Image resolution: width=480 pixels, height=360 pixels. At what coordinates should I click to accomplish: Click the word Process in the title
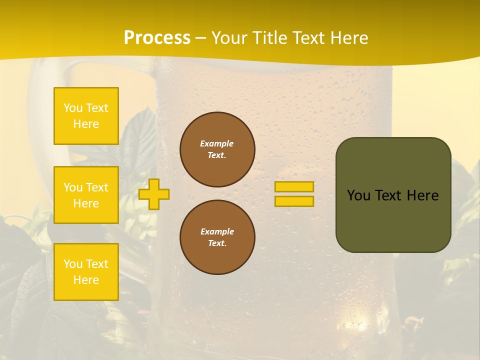pos(157,38)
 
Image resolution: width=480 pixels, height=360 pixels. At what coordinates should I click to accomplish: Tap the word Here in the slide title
pos(347,38)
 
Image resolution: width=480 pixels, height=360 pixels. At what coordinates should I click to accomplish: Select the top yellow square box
pos(86,116)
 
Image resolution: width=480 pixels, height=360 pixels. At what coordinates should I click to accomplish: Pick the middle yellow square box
pos(86,195)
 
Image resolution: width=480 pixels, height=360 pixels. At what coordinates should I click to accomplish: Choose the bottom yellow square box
pos(86,272)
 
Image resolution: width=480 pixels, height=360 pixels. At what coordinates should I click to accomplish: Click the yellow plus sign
pos(154,194)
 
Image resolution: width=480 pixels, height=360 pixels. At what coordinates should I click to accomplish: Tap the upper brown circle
pos(217,149)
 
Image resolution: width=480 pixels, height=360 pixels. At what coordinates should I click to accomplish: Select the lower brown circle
pos(217,237)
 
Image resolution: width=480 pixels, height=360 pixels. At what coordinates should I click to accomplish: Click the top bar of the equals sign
pos(294,187)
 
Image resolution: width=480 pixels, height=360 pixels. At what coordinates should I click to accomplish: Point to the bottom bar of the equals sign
pos(294,201)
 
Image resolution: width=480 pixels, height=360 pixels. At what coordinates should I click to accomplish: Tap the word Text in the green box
pos(389,195)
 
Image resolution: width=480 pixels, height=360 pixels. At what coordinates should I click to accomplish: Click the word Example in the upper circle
pos(217,143)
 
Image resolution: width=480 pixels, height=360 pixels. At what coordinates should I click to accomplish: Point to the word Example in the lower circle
pos(217,231)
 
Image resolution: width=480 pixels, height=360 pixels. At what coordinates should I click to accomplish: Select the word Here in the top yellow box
pos(86,124)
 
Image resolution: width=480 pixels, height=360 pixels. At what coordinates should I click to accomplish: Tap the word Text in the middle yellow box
pos(96,187)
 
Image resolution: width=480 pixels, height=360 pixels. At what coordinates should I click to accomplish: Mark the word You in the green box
pos(358,195)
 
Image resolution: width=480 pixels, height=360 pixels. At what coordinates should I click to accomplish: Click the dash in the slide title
pos(201,38)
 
